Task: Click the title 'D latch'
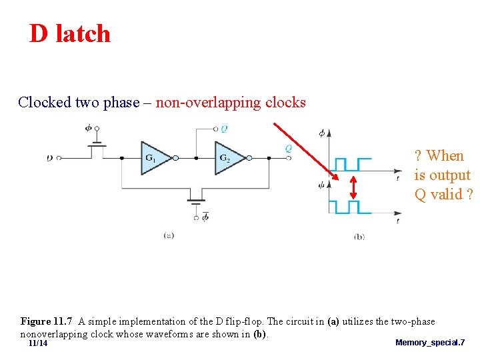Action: point(70,33)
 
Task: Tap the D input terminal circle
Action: point(59,158)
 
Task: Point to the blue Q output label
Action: point(288,149)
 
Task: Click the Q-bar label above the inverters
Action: point(224,128)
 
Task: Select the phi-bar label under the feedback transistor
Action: point(205,216)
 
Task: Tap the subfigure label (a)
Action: point(169,235)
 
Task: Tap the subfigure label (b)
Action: point(359,235)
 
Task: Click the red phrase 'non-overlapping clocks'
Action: point(231,103)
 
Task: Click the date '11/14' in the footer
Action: point(38,343)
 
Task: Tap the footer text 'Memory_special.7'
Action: point(430,343)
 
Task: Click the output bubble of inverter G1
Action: point(175,158)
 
